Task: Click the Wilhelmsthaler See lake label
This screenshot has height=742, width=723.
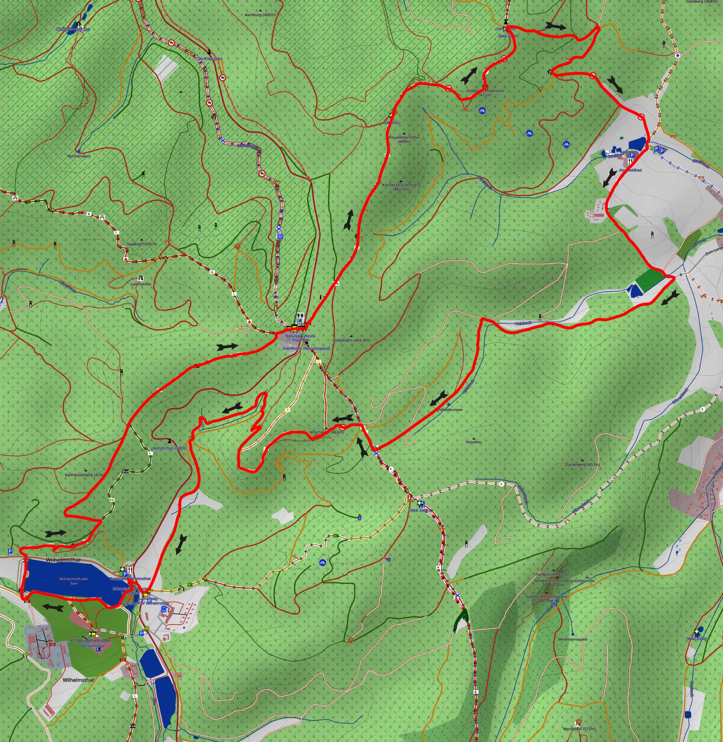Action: (x=74, y=581)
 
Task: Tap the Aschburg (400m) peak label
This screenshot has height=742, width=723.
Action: (x=260, y=15)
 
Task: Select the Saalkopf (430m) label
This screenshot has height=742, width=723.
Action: (x=141, y=244)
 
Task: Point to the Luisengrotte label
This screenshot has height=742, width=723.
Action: (x=140, y=284)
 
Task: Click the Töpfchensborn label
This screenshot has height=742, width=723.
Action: (x=79, y=156)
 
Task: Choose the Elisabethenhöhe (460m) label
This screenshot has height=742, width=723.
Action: (x=404, y=139)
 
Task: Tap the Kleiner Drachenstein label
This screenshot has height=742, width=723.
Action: (x=401, y=187)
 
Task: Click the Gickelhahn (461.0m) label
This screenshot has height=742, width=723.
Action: (x=351, y=340)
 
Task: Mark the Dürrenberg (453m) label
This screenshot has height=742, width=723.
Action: (x=582, y=464)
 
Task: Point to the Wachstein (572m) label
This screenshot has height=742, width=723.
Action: (x=579, y=729)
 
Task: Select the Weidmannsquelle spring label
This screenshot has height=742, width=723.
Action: (x=573, y=639)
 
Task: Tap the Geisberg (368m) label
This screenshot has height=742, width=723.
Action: (x=702, y=2)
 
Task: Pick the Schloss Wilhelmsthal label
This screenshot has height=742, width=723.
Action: (x=90, y=640)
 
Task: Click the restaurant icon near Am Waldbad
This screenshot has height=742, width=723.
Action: (x=630, y=161)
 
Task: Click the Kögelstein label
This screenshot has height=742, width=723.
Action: (x=474, y=442)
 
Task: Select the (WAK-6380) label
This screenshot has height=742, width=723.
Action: (x=696, y=639)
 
